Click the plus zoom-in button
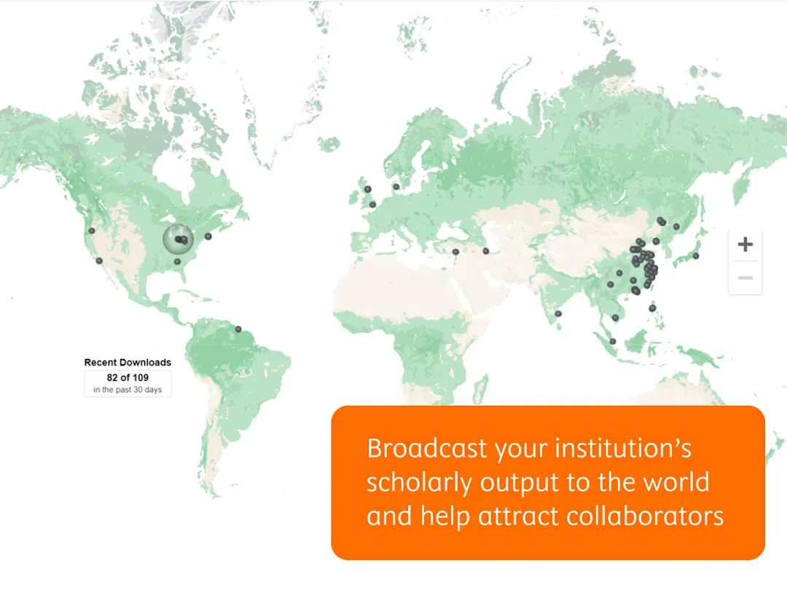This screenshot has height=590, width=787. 745,244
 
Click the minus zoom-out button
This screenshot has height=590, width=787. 745,278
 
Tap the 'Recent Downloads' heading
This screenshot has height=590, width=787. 128,362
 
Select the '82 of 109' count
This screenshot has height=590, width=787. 128,377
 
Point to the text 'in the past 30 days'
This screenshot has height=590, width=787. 128,390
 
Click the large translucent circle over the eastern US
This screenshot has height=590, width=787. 176,238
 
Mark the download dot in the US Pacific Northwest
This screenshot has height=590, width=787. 92,231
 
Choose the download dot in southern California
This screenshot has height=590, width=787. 99,261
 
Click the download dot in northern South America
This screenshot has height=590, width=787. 238,329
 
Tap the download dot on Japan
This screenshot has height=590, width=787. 696,256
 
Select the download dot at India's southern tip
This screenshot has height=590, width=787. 558,314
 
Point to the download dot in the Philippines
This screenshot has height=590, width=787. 652,308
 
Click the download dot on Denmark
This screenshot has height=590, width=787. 396,186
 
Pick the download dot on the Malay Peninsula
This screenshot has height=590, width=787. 613,341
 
